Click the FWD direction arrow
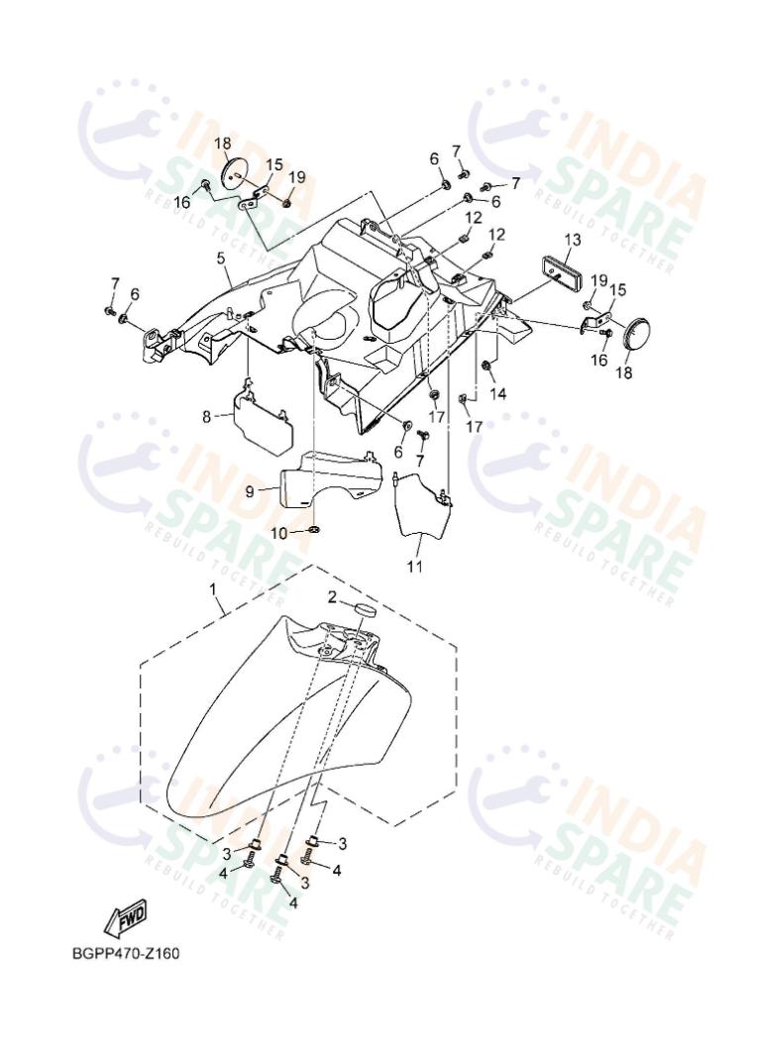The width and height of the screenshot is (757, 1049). coord(125,920)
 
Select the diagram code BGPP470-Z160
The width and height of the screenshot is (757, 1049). coord(126,953)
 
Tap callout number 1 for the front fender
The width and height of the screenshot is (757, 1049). coord(213,589)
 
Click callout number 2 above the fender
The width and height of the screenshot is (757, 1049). coord(333,596)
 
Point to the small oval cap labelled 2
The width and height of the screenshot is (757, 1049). coord(364,609)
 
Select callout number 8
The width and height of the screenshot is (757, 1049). coord(206,417)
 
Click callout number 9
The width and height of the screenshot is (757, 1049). coord(249,491)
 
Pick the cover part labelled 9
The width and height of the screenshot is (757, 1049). coord(330,477)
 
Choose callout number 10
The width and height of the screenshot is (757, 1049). coord(278,533)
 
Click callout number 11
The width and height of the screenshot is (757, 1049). coord(415,567)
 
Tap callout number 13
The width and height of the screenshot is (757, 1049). coord(573,240)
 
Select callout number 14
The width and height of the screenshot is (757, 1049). coord(498,393)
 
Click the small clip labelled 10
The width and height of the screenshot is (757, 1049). coord(314,531)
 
